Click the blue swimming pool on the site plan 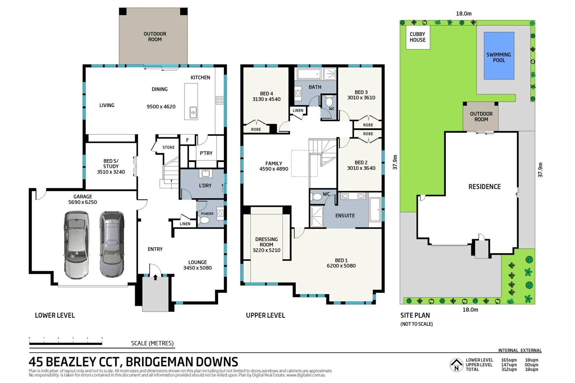[499, 56]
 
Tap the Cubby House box [418, 37]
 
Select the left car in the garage [76, 245]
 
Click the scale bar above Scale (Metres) [66, 343]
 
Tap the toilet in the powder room [205, 220]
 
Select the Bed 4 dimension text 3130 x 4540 [266, 99]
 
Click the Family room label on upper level [273, 163]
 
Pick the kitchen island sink [193, 112]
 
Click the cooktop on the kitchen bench [219, 100]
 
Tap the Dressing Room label [266, 242]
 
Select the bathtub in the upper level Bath [309, 74]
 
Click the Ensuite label [345, 216]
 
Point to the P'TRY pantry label [206, 153]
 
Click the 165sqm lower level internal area [509, 360]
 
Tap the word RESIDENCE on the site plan [484, 187]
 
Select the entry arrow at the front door [155, 277]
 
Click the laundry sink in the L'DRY [206, 173]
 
